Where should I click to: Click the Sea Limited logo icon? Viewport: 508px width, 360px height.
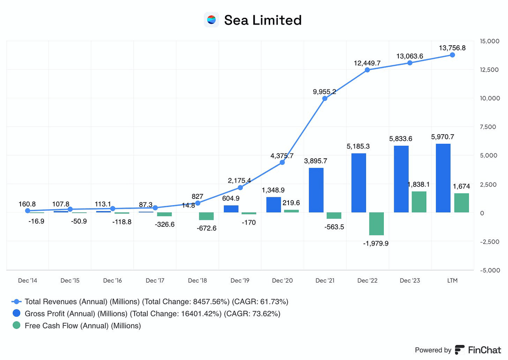click(x=211, y=19)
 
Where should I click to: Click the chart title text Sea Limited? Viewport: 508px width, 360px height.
click(x=263, y=20)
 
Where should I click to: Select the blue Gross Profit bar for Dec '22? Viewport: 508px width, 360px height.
click(x=359, y=183)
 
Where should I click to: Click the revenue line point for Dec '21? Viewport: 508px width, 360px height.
click(x=325, y=98)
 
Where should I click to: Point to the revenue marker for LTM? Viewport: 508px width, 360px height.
click(x=452, y=55)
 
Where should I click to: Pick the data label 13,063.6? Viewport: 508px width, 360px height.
click(x=410, y=56)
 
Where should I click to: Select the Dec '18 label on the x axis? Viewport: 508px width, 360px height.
click(x=197, y=281)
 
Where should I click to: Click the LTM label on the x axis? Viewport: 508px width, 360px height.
click(x=452, y=281)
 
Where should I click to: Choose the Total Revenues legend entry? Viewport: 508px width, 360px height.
click(x=156, y=302)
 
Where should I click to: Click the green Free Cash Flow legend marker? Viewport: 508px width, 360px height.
click(x=16, y=326)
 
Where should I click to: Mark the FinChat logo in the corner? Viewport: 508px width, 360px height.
click(x=478, y=350)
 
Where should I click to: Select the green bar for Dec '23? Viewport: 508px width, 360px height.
click(x=419, y=202)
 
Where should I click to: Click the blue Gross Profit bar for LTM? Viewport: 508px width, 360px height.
click(x=443, y=178)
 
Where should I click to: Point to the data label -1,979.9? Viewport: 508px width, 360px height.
click(x=375, y=243)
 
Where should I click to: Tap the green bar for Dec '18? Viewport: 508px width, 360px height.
click(x=206, y=216)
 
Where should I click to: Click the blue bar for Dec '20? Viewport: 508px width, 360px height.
click(x=273, y=205)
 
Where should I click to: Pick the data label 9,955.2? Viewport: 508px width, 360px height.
click(x=324, y=91)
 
